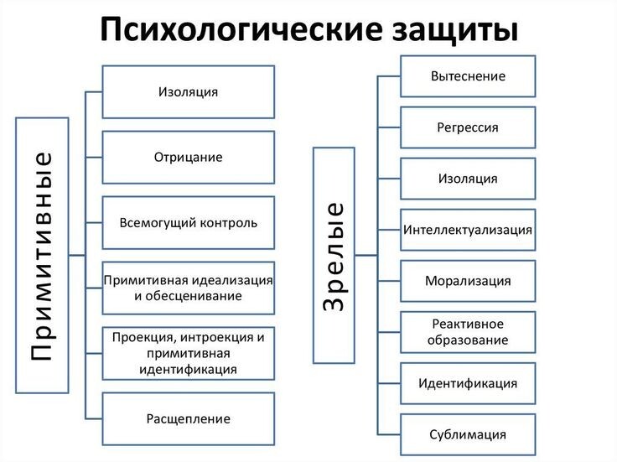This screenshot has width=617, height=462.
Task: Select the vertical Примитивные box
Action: point(42,256)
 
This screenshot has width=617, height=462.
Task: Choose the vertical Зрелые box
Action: point(333,256)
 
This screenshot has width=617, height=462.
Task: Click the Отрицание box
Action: point(188,157)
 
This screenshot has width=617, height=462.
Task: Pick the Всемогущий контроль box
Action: point(188,222)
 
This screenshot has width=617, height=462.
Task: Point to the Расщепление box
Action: point(188,418)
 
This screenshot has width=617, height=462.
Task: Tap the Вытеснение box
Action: point(468,76)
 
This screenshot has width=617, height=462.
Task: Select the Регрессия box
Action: point(468,127)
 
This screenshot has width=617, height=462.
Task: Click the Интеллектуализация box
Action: point(468,230)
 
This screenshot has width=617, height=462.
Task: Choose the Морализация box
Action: point(468,281)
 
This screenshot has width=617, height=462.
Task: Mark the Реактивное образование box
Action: point(468,332)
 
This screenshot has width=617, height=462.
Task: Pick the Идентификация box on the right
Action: point(468,383)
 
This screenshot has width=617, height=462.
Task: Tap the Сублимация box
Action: point(468,434)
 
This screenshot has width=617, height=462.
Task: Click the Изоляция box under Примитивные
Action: point(188,91)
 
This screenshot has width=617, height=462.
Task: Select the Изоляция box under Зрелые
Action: point(468,179)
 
